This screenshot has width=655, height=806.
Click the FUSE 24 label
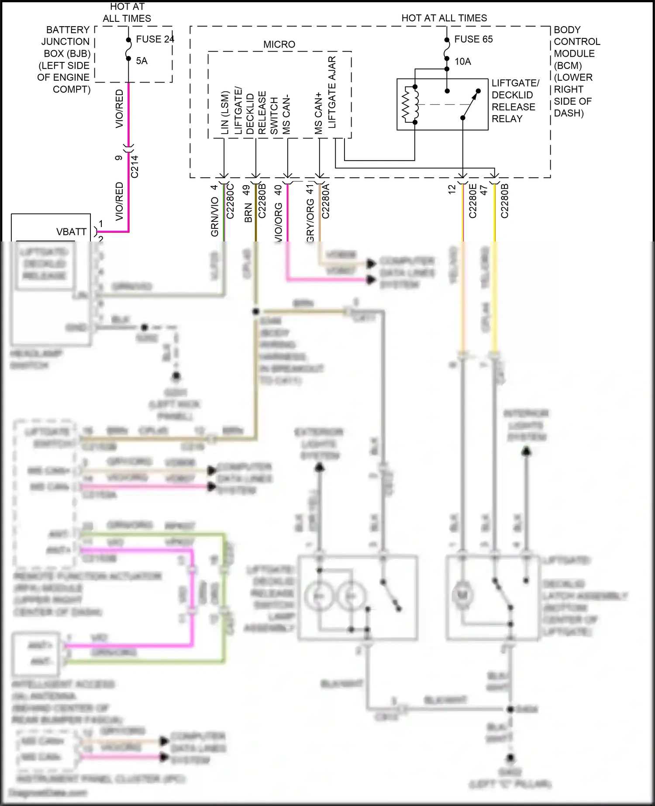point(155,39)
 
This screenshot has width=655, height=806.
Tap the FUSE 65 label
point(473,39)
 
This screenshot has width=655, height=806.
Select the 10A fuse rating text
point(463,62)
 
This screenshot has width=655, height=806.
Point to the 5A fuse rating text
point(142,61)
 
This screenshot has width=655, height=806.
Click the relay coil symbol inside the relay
point(410,104)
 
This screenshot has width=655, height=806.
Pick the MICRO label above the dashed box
point(279,45)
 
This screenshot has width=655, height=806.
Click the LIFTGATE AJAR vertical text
point(332,92)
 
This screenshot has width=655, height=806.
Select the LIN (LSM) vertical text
point(225,113)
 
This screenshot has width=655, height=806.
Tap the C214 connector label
point(134,166)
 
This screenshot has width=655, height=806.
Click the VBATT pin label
point(71,232)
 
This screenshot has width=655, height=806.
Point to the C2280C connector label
point(231,201)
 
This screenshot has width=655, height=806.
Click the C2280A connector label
point(326,201)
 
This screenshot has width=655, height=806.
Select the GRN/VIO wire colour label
point(215,217)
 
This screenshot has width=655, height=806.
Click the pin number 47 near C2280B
point(484,190)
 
